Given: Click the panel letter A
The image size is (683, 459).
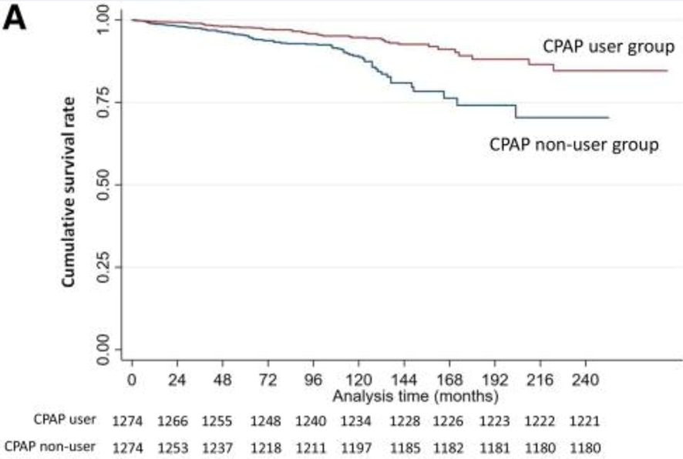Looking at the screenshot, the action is [x=15, y=19].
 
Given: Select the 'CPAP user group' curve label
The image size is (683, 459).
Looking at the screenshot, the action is [x=608, y=46].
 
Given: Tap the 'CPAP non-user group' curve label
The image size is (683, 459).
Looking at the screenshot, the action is [x=574, y=145].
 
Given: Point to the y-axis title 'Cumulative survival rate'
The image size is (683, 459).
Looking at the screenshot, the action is [x=68, y=192].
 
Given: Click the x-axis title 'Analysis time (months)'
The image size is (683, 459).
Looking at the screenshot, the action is [x=415, y=397].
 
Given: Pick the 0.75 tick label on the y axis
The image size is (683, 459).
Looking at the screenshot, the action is [x=104, y=102].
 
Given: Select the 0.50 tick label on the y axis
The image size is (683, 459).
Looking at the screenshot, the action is [x=104, y=185].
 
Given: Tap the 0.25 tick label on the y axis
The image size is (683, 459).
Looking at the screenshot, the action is [x=104, y=266].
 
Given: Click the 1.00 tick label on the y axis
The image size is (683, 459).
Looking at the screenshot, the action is [x=104, y=19].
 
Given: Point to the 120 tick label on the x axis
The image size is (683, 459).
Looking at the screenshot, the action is [x=358, y=380].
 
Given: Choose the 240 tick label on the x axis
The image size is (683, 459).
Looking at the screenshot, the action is [x=585, y=380].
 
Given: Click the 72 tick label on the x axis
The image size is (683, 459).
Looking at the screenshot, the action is [x=267, y=380].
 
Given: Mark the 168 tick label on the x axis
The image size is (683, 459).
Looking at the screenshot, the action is [x=449, y=380].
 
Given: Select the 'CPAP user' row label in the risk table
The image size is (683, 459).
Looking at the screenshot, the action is [x=65, y=420].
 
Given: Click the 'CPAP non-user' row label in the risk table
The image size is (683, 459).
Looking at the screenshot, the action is [x=49, y=447].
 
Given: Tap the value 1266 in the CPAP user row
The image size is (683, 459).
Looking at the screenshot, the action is [x=173, y=421].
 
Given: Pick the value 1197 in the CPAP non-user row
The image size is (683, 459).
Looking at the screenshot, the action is [x=356, y=447].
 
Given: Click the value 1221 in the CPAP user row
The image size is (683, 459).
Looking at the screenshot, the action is [x=584, y=421].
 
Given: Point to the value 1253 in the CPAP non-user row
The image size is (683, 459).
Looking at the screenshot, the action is [x=173, y=447].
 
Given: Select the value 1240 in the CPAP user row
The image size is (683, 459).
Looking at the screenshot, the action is [x=311, y=421].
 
